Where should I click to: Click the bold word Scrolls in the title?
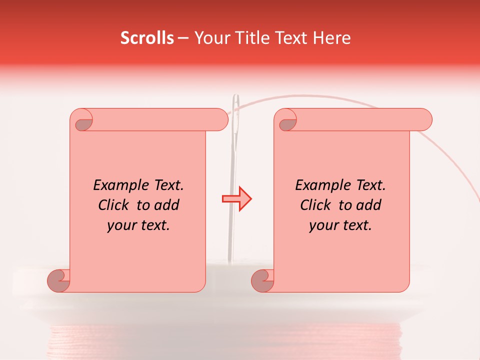tap(147, 38)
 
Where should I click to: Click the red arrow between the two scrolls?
tap(237, 198)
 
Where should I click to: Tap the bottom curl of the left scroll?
tap(59, 280)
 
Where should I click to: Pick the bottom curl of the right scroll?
tap(263, 280)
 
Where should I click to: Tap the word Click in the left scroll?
tap(113, 205)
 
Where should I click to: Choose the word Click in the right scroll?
tap(315, 205)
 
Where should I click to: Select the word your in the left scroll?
tap(120, 226)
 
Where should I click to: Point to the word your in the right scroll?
tap(322, 226)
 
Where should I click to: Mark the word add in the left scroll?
tap(167, 205)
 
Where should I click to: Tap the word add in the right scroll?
tap(369, 205)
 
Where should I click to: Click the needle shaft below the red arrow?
tap(231, 235)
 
